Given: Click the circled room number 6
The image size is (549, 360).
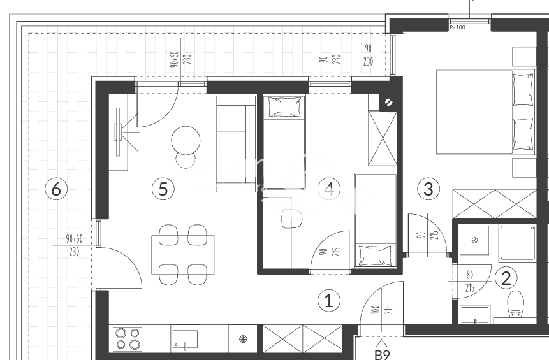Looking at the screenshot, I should pos(56,189).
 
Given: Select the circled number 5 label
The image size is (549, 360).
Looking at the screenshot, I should pos(163,189).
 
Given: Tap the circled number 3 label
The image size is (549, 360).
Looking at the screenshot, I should pos(428,189).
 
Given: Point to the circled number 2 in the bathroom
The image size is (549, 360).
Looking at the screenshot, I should pos(506,277).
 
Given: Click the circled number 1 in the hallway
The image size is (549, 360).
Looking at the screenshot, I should pos(329,300).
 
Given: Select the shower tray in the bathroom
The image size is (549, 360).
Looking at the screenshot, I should pos(517,243).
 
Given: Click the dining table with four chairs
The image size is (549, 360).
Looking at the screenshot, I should pos(182,254).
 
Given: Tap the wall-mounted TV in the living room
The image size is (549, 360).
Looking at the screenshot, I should pos(119,132).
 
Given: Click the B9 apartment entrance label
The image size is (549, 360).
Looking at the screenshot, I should pos(381,354).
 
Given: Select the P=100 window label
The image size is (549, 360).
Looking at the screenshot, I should pos(458,27).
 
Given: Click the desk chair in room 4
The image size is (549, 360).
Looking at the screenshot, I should pos(291,218).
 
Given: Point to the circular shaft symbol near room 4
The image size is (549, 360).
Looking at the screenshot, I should pos(389,101).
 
